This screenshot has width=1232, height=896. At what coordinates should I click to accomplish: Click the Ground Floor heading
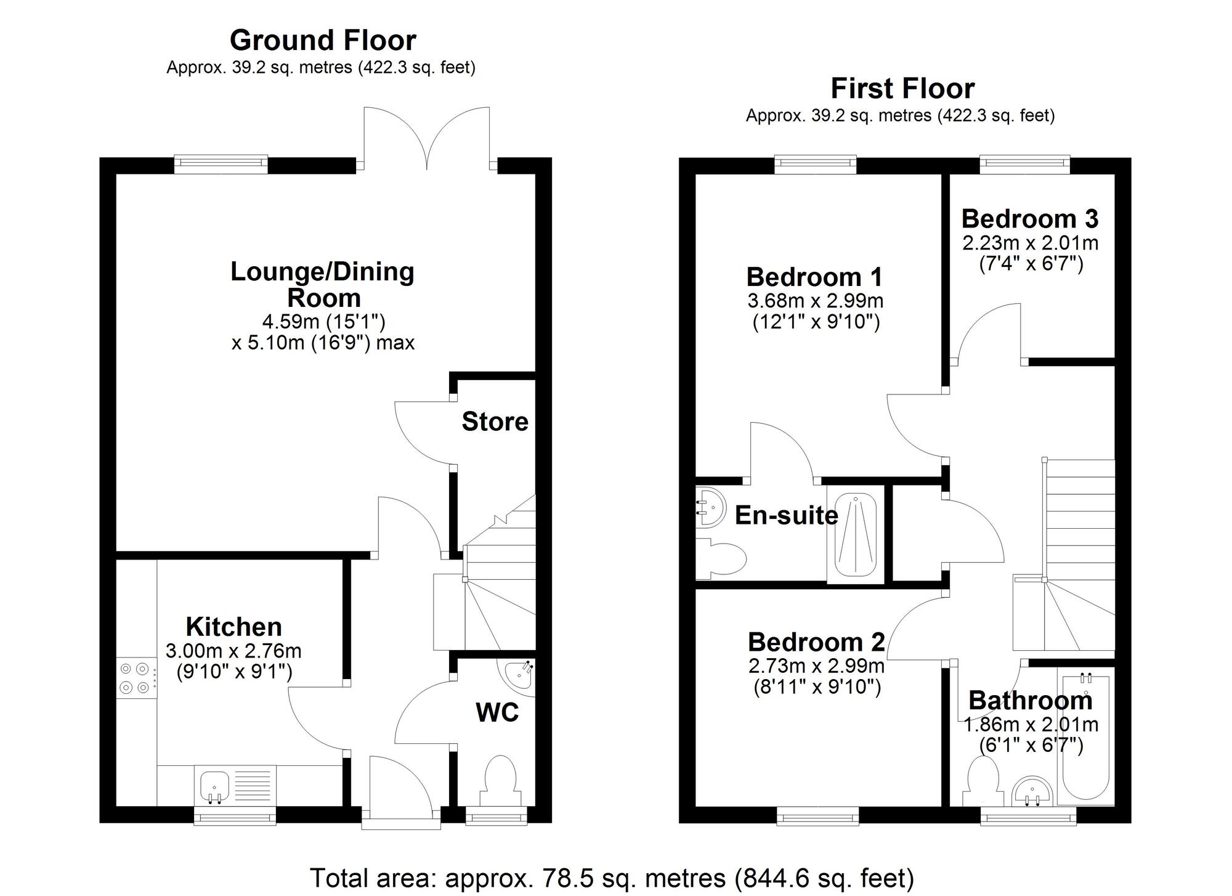pyautogui.click(x=323, y=41)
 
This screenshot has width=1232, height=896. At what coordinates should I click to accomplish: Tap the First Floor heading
pyautogui.click(x=902, y=89)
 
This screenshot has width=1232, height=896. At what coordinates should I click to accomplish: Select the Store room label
pyautogui.click(x=495, y=422)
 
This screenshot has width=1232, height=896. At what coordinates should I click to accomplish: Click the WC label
pyautogui.click(x=496, y=713)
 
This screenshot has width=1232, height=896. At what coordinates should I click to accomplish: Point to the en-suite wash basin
pyautogui.click(x=710, y=508)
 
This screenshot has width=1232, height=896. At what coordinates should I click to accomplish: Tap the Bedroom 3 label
pyautogui.click(x=1030, y=219)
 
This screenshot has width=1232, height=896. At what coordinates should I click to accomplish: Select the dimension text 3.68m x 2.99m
pyautogui.click(x=816, y=301)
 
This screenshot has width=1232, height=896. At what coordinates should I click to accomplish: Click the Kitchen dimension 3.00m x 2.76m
pyautogui.click(x=233, y=651)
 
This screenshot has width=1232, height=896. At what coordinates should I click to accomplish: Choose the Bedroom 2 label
pyautogui.click(x=816, y=643)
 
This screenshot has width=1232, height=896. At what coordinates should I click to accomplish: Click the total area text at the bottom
pyautogui.click(x=611, y=878)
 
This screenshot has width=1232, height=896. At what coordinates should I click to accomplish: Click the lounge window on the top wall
pyautogui.click(x=221, y=163)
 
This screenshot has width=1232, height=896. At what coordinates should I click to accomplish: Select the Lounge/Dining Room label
pyautogui.click(x=323, y=285)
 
